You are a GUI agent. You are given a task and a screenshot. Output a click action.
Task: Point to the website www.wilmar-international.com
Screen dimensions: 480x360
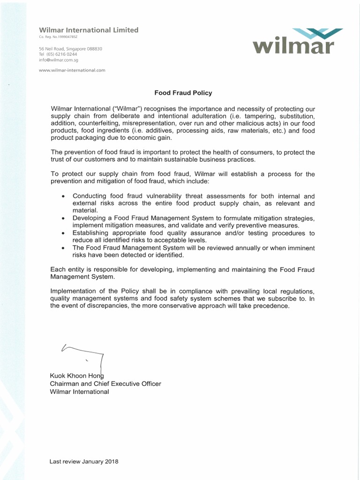click(x=72, y=70)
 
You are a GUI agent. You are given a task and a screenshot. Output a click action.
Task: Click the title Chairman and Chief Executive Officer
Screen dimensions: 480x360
click(x=105, y=383)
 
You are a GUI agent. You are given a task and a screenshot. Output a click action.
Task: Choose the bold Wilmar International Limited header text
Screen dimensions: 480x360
click(x=89, y=30)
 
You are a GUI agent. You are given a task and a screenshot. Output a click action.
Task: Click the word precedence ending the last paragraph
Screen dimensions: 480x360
click(x=273, y=306)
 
